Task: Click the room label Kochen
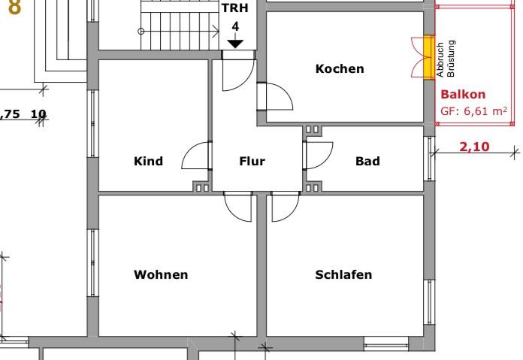point(340,69)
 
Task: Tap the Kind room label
point(148,161)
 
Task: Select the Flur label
point(252,161)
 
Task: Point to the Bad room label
point(367,161)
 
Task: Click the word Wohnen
point(161,274)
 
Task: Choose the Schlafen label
point(343,274)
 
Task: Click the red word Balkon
point(463,95)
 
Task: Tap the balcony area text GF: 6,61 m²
point(473,111)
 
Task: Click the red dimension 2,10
point(474,147)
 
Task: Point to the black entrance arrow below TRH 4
point(235,44)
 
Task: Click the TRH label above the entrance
point(235,9)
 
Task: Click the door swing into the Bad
point(318,155)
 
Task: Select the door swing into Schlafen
point(284,207)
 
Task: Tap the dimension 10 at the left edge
point(38,114)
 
